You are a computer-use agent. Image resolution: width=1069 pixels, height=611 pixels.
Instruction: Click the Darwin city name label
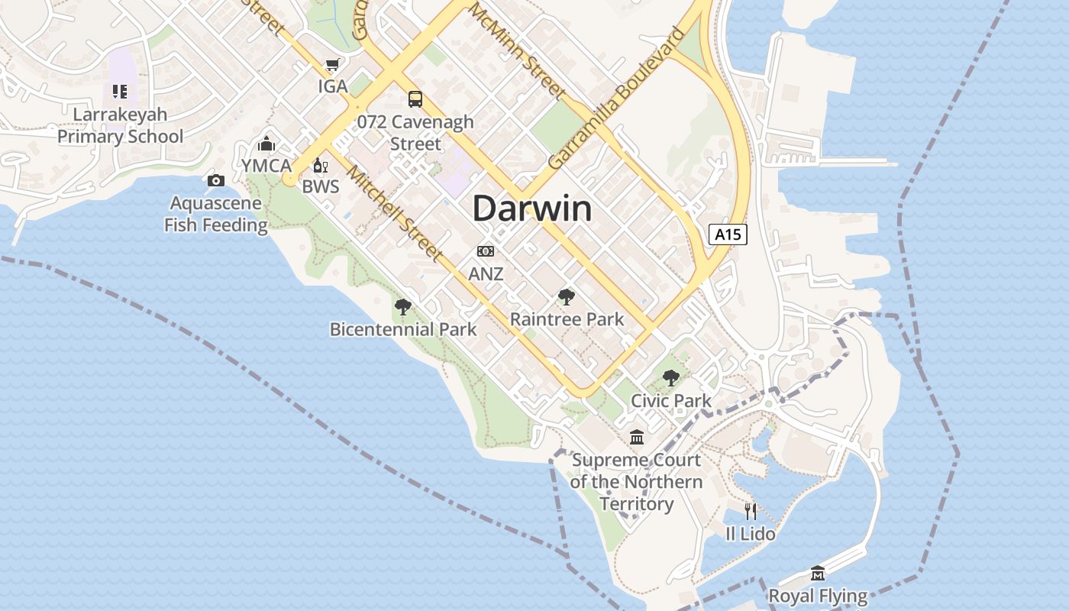point(532,209)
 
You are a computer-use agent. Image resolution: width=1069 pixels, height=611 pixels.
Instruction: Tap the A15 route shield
point(728,234)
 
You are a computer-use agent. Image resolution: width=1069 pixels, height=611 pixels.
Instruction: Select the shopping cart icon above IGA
point(332,66)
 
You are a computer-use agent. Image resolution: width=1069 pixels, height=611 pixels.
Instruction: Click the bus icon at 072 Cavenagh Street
point(415,99)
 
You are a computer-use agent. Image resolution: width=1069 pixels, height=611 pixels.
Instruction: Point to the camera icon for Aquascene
point(216,181)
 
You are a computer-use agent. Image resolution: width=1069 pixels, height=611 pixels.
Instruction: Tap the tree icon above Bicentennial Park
point(402,307)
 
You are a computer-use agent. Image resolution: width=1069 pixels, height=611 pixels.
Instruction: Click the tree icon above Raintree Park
point(566,297)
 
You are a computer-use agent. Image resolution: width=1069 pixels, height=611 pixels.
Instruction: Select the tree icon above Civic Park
point(670,378)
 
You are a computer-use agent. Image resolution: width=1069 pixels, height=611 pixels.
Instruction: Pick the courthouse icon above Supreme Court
point(636,438)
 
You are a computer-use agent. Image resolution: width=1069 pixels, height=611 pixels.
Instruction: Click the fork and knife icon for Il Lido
point(751,511)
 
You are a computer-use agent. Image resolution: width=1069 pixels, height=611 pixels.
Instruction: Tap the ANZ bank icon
point(486,251)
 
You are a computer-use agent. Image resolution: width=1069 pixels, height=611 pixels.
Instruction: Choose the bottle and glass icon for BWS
point(320,166)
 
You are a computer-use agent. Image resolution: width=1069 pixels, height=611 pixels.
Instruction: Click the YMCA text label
point(266,166)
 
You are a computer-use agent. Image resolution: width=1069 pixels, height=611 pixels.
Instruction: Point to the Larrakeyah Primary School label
point(121,126)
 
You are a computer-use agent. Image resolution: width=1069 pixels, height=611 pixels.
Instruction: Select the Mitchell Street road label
point(395,213)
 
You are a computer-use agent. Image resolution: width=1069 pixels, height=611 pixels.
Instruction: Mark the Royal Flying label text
point(818,596)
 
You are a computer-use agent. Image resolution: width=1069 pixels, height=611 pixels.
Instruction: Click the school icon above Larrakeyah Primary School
point(120,92)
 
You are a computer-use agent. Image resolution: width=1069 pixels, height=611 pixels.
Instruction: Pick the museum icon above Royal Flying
point(818,573)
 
